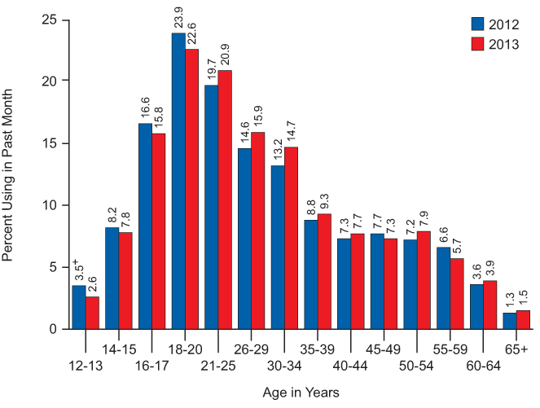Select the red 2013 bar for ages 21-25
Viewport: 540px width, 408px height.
pyautogui.click(x=224, y=200)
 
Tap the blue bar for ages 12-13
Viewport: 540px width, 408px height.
pyautogui.click(x=78, y=307)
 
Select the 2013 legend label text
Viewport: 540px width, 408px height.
pyautogui.click(x=505, y=43)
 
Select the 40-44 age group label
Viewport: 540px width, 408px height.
pyautogui.click(x=352, y=366)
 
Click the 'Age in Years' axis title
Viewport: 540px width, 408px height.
pyautogui.click(x=301, y=393)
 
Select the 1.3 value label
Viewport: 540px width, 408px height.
pyautogui.click(x=509, y=300)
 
